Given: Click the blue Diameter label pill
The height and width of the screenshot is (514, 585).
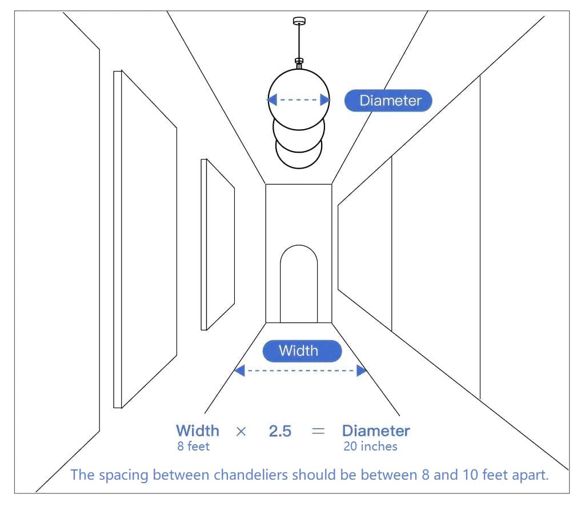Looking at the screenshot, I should (x=388, y=101).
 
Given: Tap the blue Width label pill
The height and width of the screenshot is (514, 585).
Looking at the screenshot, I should (x=302, y=350).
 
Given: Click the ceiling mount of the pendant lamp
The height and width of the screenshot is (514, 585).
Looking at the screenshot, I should (x=298, y=21).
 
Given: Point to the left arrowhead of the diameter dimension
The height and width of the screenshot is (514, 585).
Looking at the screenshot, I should (x=273, y=100).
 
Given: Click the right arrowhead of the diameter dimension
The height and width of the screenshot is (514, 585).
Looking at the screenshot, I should (x=325, y=100).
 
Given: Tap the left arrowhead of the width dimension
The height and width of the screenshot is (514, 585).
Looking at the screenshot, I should (x=240, y=370).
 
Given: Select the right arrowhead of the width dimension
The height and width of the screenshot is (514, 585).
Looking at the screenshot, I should (x=361, y=370).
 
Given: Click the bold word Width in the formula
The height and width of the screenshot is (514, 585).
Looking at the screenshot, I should (x=197, y=431).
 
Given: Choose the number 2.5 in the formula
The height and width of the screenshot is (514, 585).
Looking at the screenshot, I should (x=280, y=431).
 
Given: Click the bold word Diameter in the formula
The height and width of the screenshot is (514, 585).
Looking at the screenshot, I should (x=376, y=431).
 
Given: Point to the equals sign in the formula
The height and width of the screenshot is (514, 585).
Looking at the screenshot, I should (x=318, y=431).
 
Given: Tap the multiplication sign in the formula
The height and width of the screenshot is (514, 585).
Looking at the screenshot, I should (x=241, y=431).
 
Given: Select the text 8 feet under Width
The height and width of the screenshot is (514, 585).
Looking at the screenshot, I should (x=193, y=447).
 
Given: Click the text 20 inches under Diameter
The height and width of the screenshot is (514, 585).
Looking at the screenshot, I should (x=370, y=447).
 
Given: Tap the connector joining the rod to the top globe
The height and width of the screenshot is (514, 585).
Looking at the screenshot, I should (x=298, y=62).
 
